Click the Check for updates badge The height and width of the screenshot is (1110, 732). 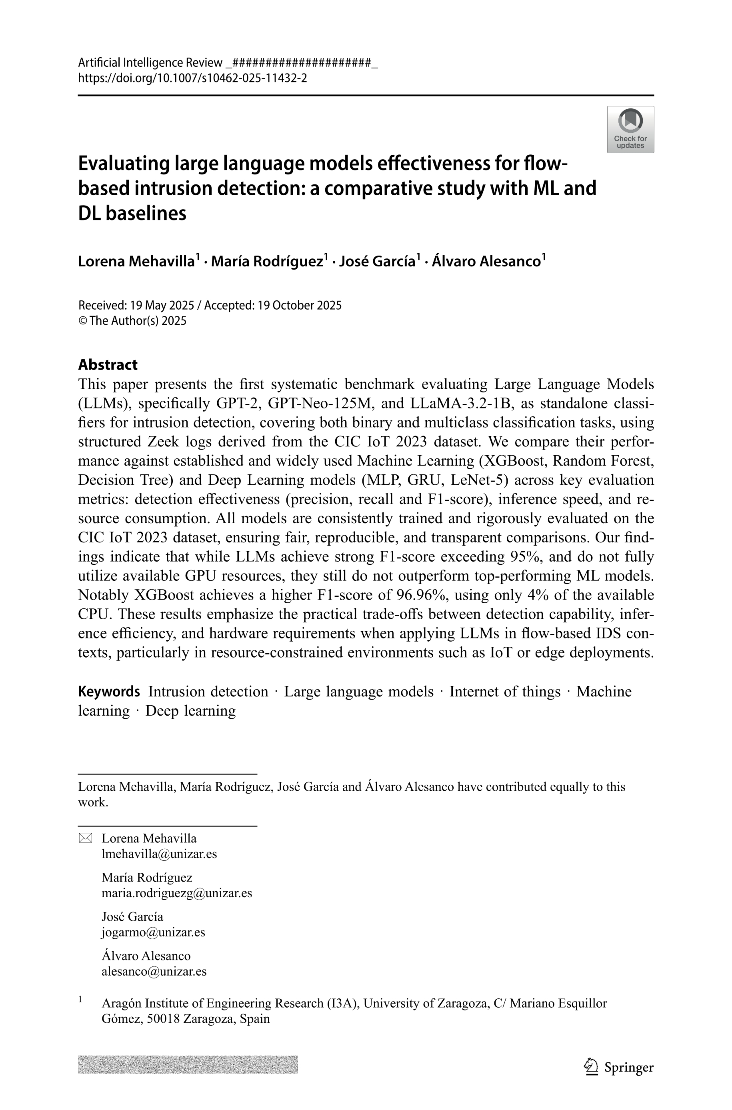(630, 129)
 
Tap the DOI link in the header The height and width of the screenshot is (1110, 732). (192, 78)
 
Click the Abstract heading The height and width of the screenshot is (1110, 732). (108, 364)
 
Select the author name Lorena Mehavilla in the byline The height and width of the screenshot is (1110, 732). (136, 261)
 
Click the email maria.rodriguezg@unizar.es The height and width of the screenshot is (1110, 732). (177, 893)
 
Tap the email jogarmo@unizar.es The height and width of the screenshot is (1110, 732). (153, 932)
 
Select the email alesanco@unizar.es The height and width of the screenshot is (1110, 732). (154, 971)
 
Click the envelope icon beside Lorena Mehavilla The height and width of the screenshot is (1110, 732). (86, 838)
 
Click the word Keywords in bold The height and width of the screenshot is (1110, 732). (109, 691)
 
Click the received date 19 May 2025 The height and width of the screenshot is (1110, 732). (162, 305)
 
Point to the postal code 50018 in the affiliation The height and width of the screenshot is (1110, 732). (162, 1018)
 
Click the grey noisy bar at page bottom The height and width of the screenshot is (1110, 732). (188, 1064)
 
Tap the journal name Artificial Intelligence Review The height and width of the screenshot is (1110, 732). (150, 62)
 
